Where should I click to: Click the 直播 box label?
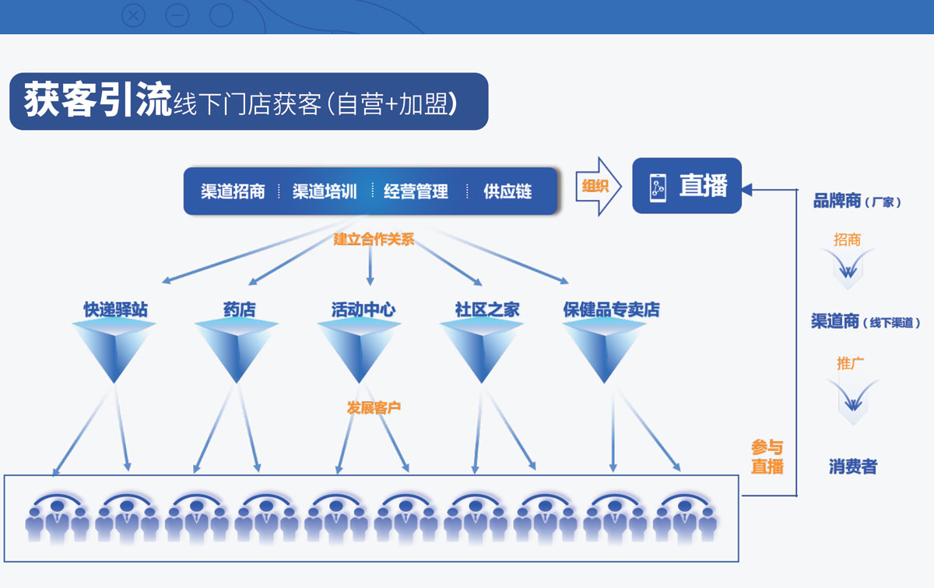tap(703, 186)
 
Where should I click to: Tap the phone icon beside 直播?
tap(658, 187)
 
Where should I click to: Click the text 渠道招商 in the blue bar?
tap(233, 191)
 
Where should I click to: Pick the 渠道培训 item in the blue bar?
tap(325, 191)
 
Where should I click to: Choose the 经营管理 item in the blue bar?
tap(416, 191)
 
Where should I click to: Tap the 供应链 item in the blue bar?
tap(507, 191)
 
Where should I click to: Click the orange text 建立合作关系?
tap(374, 240)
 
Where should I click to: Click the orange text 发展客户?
tap(374, 407)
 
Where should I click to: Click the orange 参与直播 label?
tap(767, 457)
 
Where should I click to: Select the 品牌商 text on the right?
tap(837, 201)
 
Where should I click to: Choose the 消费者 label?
tap(853, 467)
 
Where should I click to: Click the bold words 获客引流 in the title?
tap(97, 101)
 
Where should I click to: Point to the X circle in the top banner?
tap(134, 15)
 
